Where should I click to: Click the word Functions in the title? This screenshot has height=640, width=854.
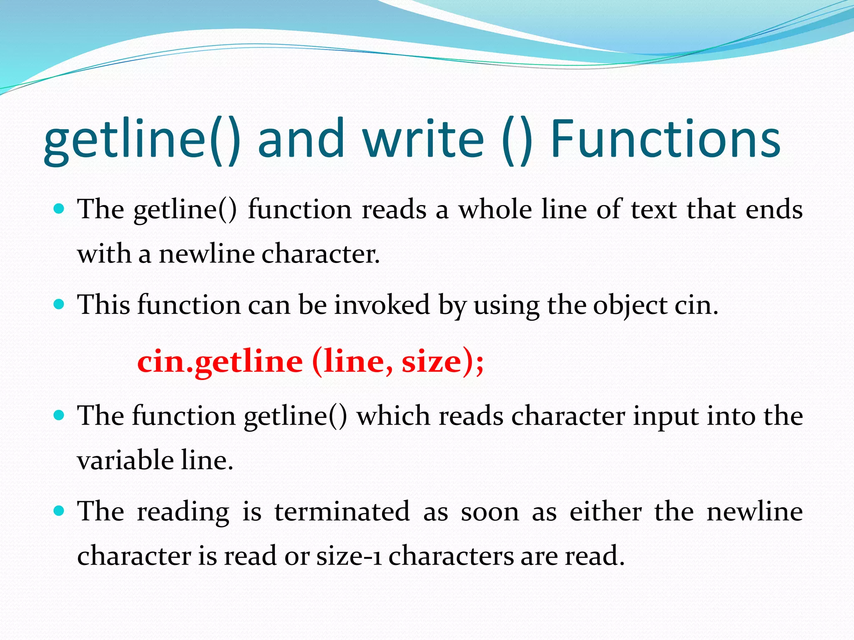(665, 140)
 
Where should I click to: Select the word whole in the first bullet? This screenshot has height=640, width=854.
(495, 210)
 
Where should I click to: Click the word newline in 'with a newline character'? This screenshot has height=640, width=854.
(207, 254)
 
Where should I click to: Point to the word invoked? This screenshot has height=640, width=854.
(382, 305)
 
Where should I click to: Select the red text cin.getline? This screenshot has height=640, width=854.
(220, 362)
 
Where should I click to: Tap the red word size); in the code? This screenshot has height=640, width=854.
(442, 362)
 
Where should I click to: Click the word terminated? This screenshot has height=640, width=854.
(342, 512)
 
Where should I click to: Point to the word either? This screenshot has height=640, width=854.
(605, 512)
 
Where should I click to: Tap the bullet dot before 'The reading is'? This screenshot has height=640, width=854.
(59, 510)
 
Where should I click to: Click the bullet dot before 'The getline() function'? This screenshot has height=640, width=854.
(59, 208)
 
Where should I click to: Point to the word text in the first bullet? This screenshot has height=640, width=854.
(654, 210)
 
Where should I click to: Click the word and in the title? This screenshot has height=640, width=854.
(301, 140)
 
